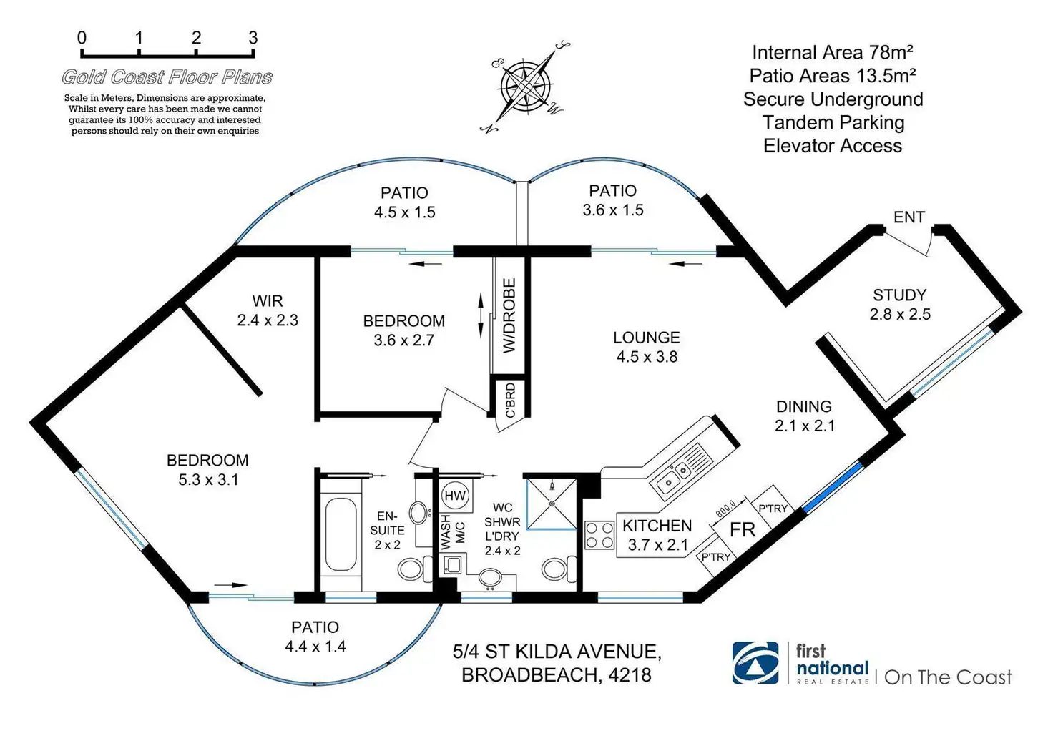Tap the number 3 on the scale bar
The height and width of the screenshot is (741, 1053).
pyautogui.click(x=253, y=38)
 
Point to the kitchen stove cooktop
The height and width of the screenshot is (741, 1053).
pyautogui.click(x=599, y=535)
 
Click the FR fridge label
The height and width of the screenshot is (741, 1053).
pyautogui.click(x=743, y=529)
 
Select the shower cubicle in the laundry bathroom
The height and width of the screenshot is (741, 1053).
pyautogui.click(x=552, y=503)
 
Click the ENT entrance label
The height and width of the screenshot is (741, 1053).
pyautogui.click(x=909, y=217)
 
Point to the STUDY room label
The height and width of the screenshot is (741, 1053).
pyautogui.click(x=899, y=295)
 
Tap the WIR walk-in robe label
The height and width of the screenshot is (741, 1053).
pyautogui.click(x=268, y=301)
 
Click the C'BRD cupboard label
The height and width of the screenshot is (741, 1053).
pyautogui.click(x=510, y=401)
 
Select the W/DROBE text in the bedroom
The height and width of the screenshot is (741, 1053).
pyautogui.click(x=509, y=315)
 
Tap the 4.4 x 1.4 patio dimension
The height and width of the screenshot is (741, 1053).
pyautogui.click(x=315, y=647)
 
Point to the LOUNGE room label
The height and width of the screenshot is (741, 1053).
pyautogui.click(x=647, y=338)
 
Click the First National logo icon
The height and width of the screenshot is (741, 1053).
pyautogui.click(x=755, y=663)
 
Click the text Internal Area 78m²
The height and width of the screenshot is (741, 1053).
pyautogui.click(x=833, y=52)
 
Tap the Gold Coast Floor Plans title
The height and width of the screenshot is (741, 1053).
pyautogui.click(x=167, y=77)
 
